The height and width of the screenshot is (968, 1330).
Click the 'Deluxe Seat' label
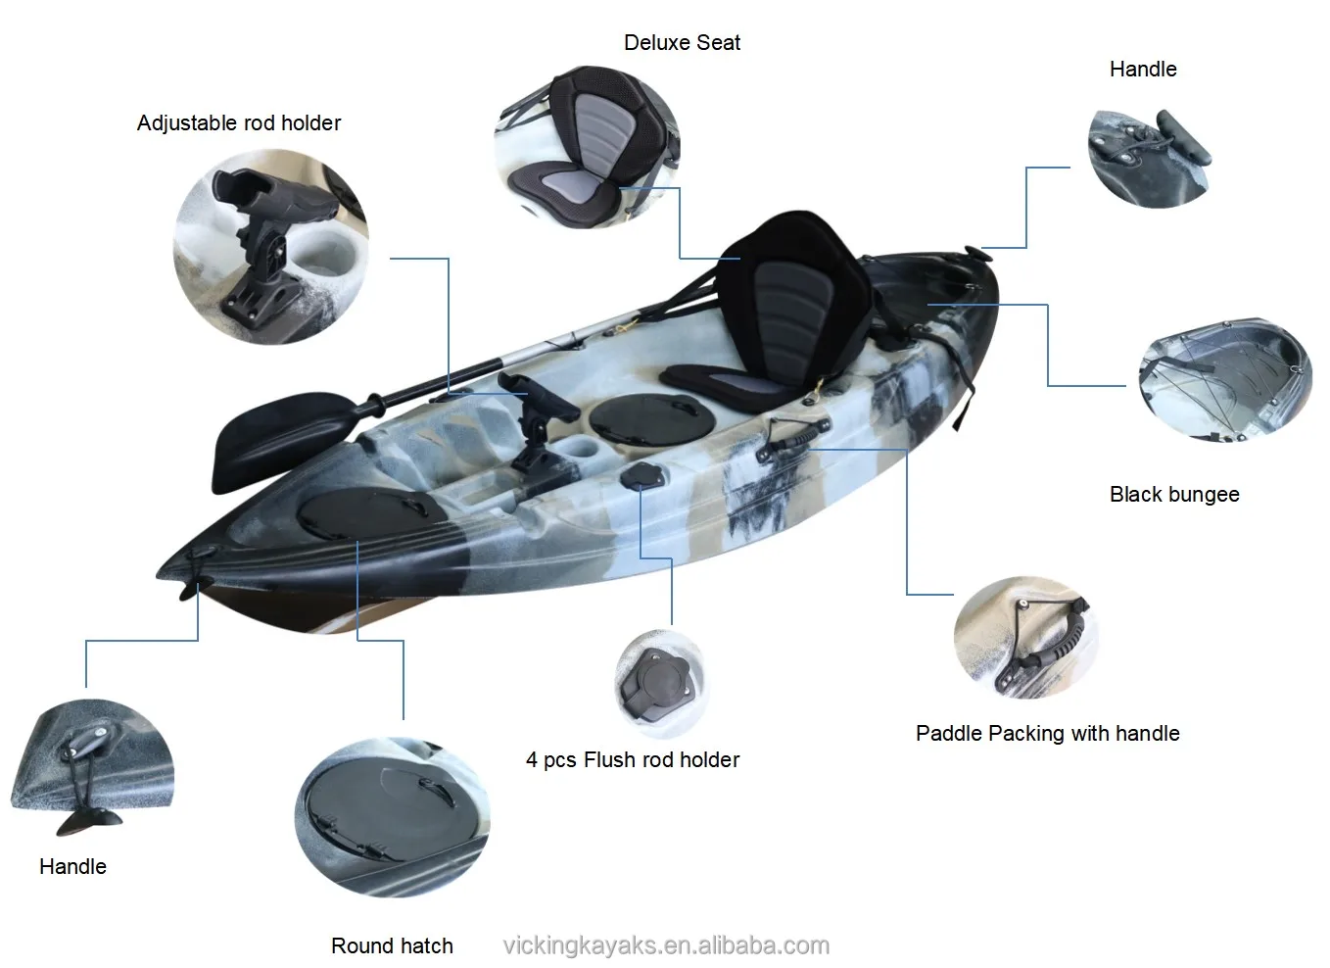pos(682,43)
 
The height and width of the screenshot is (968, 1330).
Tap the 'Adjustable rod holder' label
pos(239,123)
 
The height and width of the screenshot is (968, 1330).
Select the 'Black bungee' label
pos(1174,495)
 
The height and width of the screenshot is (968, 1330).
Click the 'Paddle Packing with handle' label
pos(1047,734)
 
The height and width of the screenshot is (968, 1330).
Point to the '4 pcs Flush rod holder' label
pos(633,760)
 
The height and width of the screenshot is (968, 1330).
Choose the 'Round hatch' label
pos(392,946)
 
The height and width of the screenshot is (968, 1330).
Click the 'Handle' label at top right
pos(1143,70)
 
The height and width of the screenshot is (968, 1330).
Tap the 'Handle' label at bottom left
pos(72,867)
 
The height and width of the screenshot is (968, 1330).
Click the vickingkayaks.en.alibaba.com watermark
pos(666,946)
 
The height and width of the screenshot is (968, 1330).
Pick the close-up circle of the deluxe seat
pos(586,147)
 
